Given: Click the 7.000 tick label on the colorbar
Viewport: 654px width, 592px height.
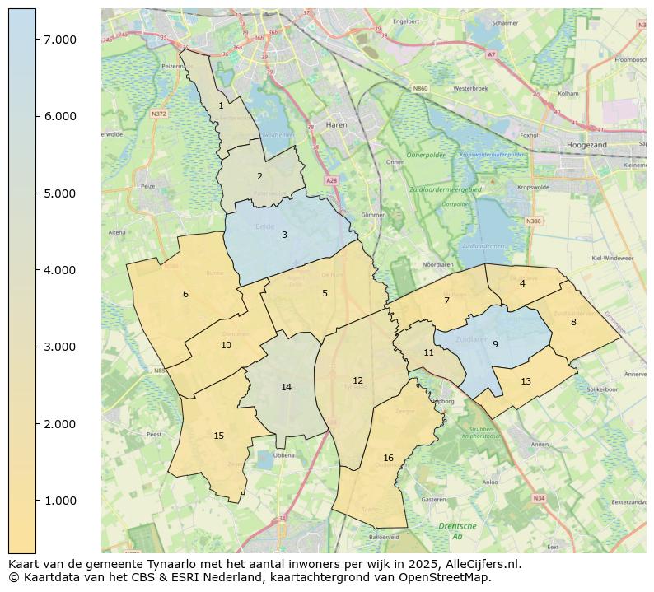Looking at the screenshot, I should pyautogui.click(x=60, y=40).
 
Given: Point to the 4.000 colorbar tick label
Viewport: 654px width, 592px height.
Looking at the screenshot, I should pyautogui.click(x=60, y=270).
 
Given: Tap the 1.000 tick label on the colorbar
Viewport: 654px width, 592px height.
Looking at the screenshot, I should pyautogui.click(x=60, y=501).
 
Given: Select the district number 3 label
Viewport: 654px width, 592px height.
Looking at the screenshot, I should pyautogui.click(x=284, y=235).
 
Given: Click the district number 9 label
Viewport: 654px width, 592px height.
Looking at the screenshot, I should pyautogui.click(x=495, y=344).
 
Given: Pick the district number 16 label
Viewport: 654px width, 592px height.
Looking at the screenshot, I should pyautogui.click(x=388, y=458).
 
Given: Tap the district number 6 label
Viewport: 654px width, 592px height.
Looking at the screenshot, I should pyautogui.click(x=185, y=294).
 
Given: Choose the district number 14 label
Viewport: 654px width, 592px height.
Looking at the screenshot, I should pyautogui.click(x=286, y=387).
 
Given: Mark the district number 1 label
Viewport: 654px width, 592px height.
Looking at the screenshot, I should pyautogui.click(x=221, y=105).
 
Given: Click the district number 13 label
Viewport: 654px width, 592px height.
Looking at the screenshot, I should pyautogui.click(x=526, y=381).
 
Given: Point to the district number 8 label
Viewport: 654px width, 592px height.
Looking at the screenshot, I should pyautogui.click(x=573, y=322).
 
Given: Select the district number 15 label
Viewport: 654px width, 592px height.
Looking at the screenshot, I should pyautogui.click(x=218, y=436).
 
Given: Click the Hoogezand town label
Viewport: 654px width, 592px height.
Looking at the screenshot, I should pyautogui.click(x=586, y=145).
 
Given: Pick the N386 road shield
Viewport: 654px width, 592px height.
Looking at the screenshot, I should pyautogui.click(x=534, y=221).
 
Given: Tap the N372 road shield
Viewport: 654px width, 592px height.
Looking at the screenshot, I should pyautogui.click(x=159, y=114).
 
